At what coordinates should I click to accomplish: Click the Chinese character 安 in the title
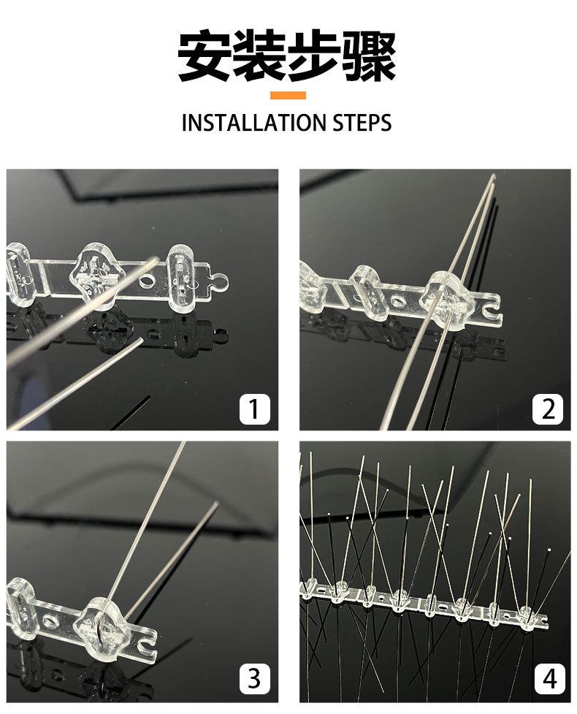(x=205, y=56)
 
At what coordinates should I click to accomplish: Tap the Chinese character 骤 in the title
(x=369, y=56)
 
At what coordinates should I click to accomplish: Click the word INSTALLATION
(x=254, y=123)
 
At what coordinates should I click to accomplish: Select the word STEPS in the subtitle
(x=362, y=123)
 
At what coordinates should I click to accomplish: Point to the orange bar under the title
(x=288, y=95)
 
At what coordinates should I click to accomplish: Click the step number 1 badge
(x=254, y=409)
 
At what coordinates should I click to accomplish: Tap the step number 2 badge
(x=548, y=409)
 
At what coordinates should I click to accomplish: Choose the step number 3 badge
(x=254, y=678)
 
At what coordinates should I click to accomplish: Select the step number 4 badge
(x=549, y=679)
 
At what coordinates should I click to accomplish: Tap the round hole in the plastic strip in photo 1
(x=148, y=281)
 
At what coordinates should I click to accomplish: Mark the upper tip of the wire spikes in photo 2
(x=494, y=175)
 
